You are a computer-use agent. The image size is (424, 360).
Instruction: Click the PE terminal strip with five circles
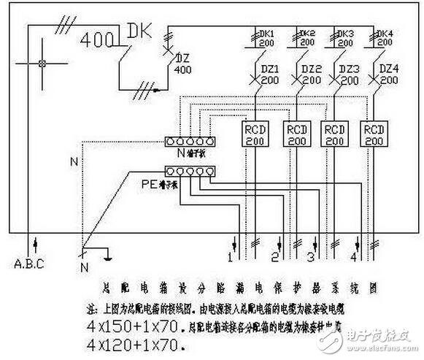tap(190, 172)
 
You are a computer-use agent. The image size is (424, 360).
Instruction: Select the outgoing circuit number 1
tap(230, 258)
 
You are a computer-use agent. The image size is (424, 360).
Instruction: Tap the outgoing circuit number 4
tap(353, 258)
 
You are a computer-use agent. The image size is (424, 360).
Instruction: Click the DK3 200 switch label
tap(347, 38)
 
